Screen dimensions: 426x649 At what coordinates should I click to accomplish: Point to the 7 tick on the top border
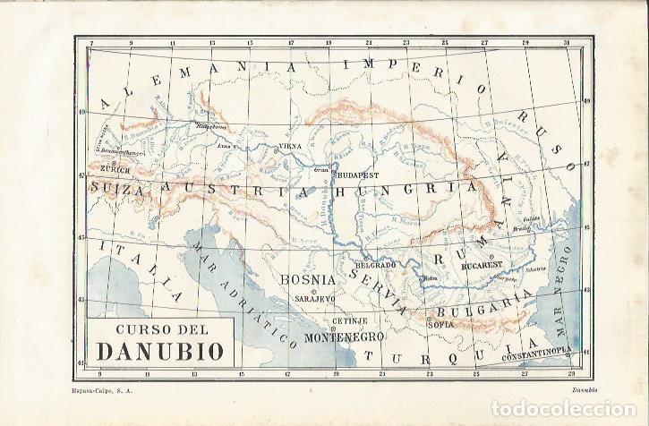pyautogui.click(x=91, y=42)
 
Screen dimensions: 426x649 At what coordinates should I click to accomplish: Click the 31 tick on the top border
pyautogui.click(x=567, y=42)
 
